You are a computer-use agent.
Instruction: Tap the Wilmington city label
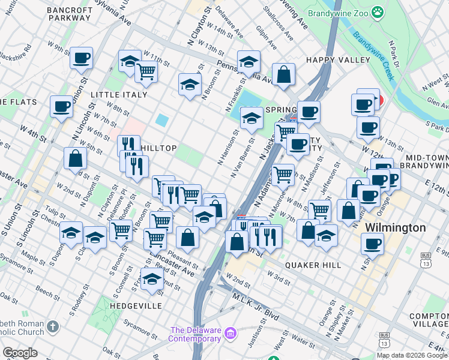(x=396, y=228)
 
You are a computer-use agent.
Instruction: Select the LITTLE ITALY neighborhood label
(x=119, y=95)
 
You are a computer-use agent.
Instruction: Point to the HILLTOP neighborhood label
(x=158, y=148)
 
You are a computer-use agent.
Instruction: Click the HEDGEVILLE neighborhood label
(x=136, y=305)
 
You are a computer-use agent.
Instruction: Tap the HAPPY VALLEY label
(x=338, y=60)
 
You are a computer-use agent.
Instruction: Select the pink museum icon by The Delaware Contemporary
(x=229, y=334)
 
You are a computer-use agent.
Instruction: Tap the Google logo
(x=20, y=352)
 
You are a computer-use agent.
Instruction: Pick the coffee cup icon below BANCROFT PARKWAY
(x=81, y=58)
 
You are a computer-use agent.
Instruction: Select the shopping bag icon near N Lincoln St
(x=76, y=158)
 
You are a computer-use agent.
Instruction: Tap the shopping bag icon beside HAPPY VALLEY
(x=284, y=74)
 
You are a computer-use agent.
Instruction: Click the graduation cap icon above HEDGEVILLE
(x=152, y=278)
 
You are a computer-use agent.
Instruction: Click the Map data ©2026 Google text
(x=411, y=355)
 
